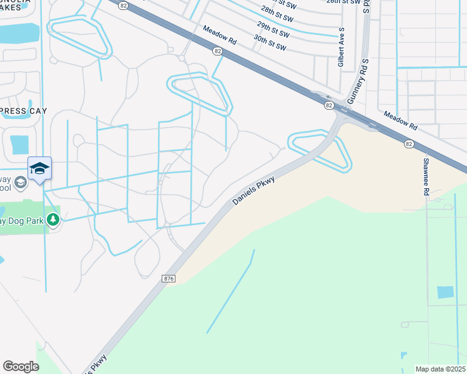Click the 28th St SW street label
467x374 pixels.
point(276,12)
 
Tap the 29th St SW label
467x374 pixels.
point(272,27)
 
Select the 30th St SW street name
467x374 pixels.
point(270,42)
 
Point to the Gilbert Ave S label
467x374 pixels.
point(342,47)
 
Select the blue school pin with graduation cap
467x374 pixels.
point(39,168)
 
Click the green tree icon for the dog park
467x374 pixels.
point(54,219)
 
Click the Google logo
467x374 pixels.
point(21,367)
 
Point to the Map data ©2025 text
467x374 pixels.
point(440,369)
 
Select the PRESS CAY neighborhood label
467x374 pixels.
point(21,112)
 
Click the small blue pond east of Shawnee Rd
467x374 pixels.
point(445,292)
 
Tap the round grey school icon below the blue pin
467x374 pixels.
point(21,182)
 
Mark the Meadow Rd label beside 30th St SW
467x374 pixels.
point(219,35)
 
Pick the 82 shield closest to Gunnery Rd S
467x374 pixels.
point(328,106)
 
